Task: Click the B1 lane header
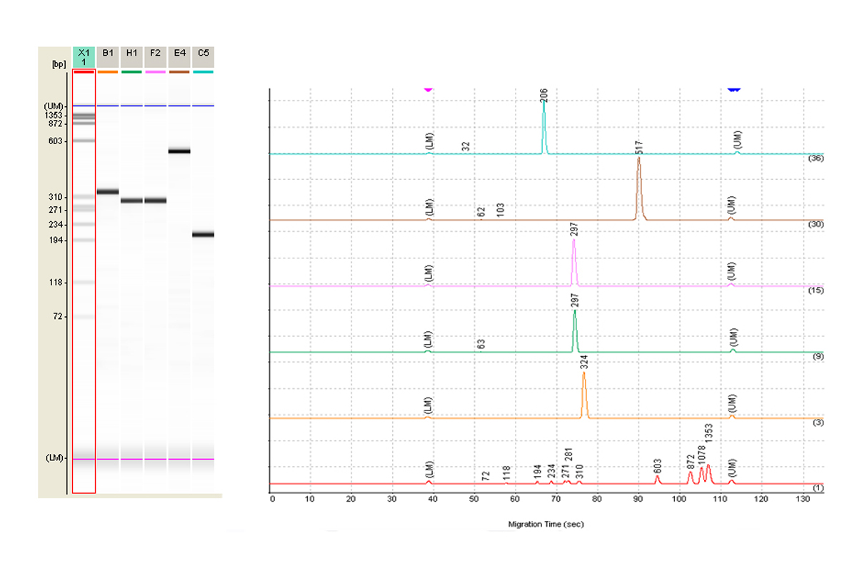[x=108, y=53]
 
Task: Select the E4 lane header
[x=179, y=53]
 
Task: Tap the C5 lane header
[x=204, y=53]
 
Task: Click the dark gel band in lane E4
[x=179, y=151]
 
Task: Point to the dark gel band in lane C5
[x=204, y=235]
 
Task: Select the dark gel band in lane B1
[x=108, y=192]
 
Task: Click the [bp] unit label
[x=58, y=64]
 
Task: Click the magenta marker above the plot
[x=428, y=89]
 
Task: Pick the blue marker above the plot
[x=733, y=89]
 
